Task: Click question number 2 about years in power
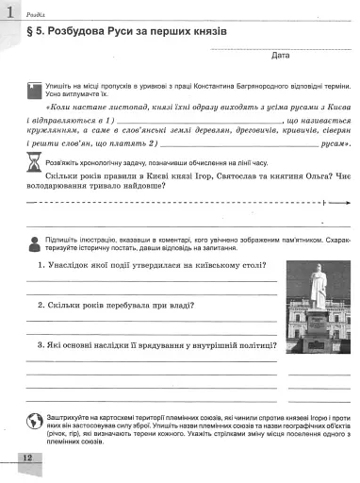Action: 30,306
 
